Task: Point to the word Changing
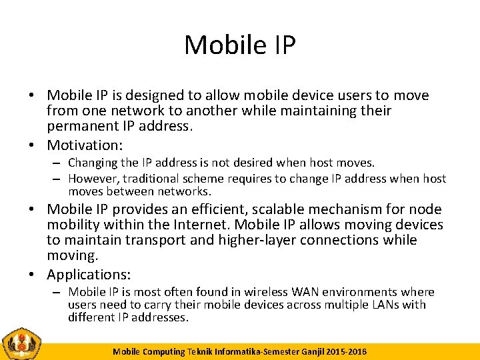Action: [x=93, y=163]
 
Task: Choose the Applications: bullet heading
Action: [x=89, y=274]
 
